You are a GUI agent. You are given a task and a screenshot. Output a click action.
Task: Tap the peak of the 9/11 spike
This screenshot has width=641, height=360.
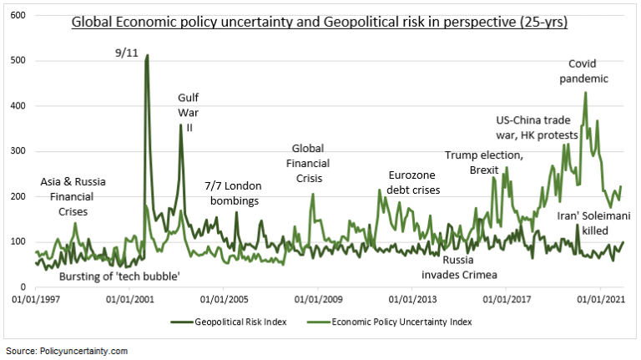(x=148, y=56)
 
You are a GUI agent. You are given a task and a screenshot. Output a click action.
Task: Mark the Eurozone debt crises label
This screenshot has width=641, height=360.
(x=426, y=182)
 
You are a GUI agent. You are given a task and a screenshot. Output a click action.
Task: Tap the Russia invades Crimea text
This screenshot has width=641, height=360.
(x=455, y=267)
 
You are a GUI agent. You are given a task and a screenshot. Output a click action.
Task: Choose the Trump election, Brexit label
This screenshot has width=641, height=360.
(x=484, y=162)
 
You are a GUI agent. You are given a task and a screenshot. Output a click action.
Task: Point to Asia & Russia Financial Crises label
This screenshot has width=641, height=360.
(x=79, y=196)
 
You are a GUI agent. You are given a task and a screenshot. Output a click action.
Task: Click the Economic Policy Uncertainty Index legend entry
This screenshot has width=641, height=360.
(x=400, y=321)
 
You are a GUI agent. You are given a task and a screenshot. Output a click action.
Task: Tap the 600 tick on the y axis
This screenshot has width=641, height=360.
(x=18, y=16)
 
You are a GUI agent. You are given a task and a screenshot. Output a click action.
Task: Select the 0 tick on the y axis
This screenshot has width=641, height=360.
(x=23, y=286)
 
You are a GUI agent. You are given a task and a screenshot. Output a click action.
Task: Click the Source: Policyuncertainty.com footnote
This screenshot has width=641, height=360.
(x=67, y=352)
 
